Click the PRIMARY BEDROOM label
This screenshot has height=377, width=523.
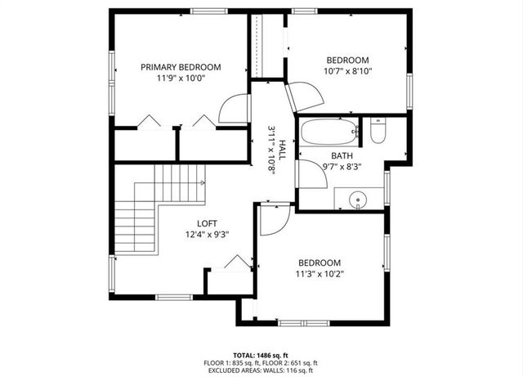[181, 68]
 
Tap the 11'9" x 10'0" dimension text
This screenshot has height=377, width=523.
[181, 79]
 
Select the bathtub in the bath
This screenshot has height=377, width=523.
[329, 131]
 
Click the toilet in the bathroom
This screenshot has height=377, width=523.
[378, 131]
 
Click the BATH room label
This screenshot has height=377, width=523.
[342, 155]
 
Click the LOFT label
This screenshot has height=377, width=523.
[207, 222]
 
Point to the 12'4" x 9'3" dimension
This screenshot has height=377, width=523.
[207, 234]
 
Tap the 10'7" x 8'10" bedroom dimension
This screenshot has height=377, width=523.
[347, 71]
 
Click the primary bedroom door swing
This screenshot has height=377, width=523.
[235, 109]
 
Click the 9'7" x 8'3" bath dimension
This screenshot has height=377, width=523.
[342, 167]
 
